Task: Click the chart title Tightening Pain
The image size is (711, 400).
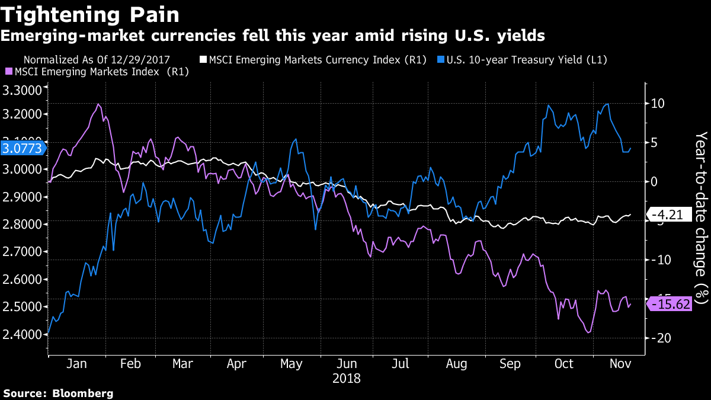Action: point(90,14)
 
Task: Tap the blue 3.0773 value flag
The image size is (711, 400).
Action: point(23,149)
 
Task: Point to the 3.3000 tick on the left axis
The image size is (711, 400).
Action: point(23,91)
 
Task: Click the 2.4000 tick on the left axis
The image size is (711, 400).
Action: point(23,334)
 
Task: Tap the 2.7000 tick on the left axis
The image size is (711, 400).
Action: point(23,252)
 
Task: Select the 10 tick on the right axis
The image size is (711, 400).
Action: point(657,104)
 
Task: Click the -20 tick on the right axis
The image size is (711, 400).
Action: point(656,338)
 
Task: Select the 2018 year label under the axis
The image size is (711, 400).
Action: point(347,377)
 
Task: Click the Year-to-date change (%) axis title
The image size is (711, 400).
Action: point(701,216)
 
